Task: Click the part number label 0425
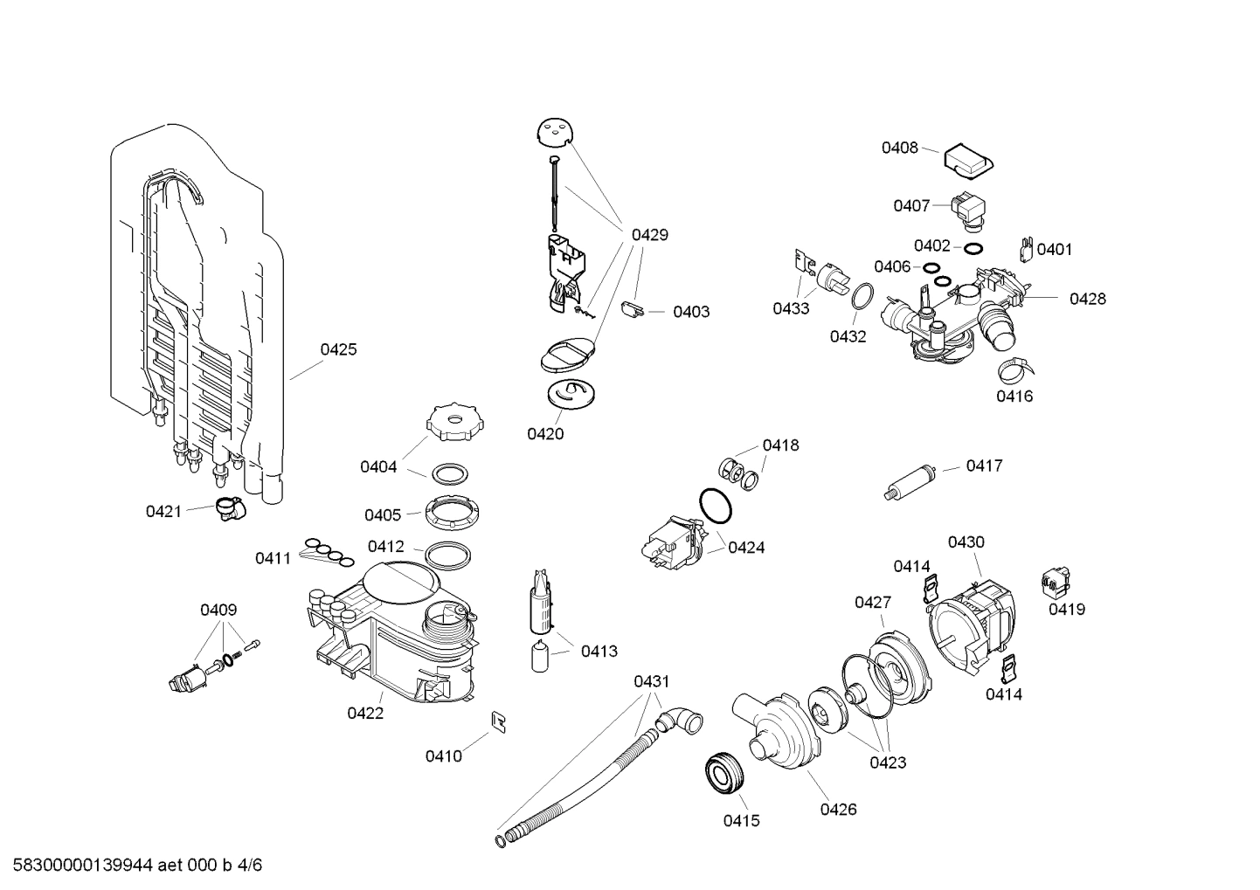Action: [x=338, y=349]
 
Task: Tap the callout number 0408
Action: [x=899, y=148]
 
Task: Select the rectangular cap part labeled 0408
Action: [x=967, y=159]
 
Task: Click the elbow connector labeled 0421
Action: [x=229, y=508]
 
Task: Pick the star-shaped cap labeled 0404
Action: [x=453, y=423]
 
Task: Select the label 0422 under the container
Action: [x=365, y=713]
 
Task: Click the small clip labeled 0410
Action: [x=501, y=721]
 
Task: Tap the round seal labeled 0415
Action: [x=723, y=772]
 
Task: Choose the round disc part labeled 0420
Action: [x=570, y=393]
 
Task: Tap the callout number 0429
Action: [x=649, y=234]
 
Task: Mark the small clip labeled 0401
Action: [x=1027, y=249]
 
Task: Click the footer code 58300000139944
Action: [x=78, y=866]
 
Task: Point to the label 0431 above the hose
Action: [x=651, y=681]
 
